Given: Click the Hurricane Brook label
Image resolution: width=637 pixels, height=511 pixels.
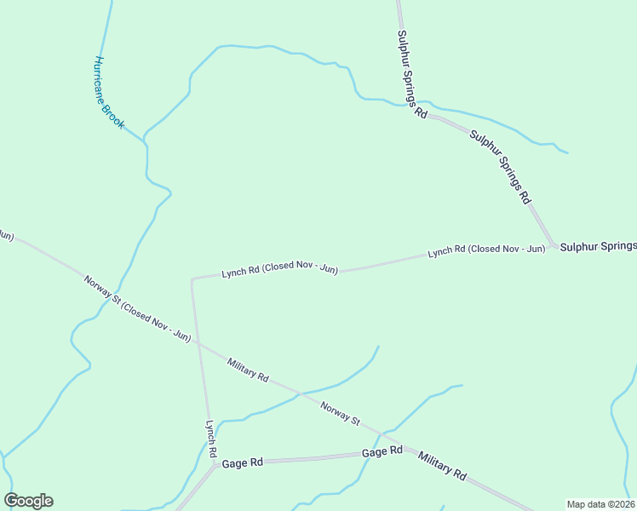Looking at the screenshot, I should tap(109, 93).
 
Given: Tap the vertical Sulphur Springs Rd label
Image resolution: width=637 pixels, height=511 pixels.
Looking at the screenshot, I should tap(410, 75).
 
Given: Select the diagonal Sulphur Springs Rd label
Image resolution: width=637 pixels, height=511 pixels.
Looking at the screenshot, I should tap(500, 167).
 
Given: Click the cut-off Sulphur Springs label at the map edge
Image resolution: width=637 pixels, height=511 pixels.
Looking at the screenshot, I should tap(598, 246).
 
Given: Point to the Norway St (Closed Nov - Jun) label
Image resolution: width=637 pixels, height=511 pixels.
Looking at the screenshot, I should tap(136, 307).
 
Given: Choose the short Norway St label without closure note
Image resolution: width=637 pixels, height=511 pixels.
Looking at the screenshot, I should tap(341, 414).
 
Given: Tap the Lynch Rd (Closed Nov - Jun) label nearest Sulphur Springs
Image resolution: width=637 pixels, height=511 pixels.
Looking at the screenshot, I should tap(486, 250).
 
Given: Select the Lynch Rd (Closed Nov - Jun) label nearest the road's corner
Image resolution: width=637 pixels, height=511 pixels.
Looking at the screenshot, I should tap(279, 269).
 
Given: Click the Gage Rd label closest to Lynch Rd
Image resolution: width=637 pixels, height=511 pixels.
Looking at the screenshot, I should tap(242, 462).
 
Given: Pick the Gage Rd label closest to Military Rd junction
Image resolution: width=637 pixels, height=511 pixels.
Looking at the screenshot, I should tap(382, 451).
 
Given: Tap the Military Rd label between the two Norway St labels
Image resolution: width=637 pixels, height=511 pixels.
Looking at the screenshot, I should tap(248, 369).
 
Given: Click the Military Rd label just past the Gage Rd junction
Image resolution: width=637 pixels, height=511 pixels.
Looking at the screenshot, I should tap(443, 465).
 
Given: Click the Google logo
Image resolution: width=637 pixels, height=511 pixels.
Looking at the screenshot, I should tap(28, 501).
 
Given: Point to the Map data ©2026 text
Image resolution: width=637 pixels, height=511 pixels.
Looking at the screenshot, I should tap(601, 504).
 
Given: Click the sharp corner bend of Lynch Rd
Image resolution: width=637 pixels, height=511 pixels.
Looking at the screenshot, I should tap(192, 278).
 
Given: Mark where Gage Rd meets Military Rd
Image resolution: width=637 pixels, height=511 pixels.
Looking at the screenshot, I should tap(407, 451).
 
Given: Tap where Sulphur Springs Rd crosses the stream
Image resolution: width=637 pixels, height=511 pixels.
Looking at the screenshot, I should tap(423, 107).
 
